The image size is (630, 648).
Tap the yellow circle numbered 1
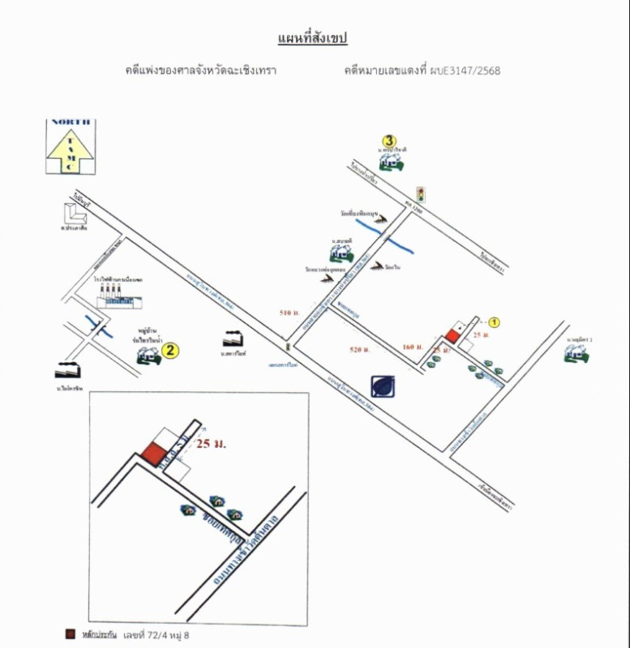495,322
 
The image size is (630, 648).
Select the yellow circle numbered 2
169,350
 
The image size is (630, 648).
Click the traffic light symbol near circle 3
420,193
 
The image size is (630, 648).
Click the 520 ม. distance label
360,349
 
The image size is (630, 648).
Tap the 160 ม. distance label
412,347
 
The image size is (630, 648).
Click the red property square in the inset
152,455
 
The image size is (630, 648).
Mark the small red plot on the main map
451,336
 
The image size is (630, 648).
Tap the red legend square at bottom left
71,634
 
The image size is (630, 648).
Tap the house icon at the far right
579,352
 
